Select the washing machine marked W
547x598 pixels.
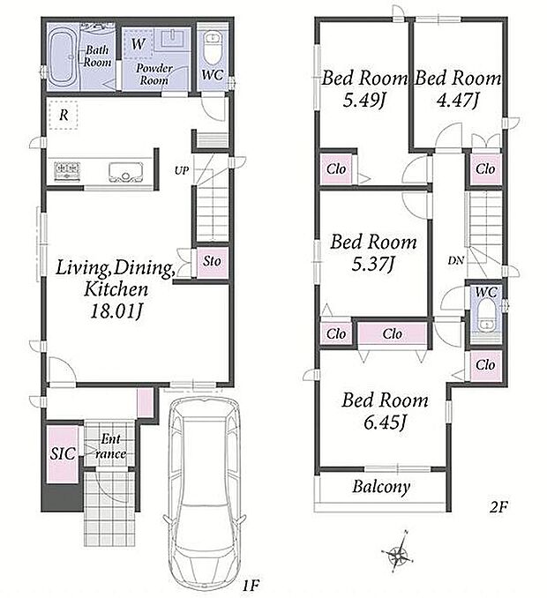pos(138,43)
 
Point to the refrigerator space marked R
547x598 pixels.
pos(64,115)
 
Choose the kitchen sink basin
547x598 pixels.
pos(125,172)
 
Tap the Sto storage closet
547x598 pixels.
pos(212,262)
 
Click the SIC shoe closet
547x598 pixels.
pos(63,454)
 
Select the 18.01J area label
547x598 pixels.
pos(116,311)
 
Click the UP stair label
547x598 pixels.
pos(182,170)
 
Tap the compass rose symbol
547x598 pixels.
pos(399,551)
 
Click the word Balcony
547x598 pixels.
pos(380,487)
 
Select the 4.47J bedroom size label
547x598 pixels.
pos(458,100)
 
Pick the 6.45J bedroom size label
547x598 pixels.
pos(384,422)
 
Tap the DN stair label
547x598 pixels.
pos(456,260)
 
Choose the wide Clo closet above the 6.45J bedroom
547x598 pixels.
pos(392,333)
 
